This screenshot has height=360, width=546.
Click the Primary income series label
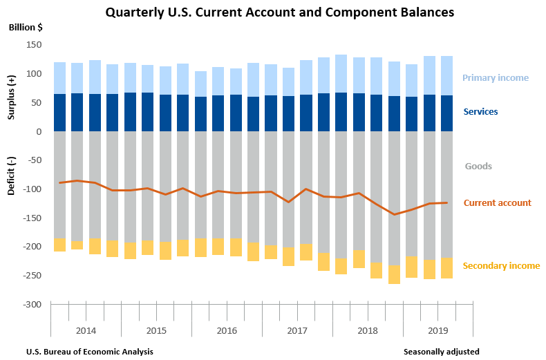tap(496, 78)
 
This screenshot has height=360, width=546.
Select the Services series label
tap(480, 111)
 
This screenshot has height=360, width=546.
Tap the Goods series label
tap(478, 167)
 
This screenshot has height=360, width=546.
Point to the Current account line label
tap(497, 203)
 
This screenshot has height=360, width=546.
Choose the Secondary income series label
tap(501, 266)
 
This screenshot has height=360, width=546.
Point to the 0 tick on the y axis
tap(39, 131)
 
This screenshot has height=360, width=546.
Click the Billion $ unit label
tap(25, 28)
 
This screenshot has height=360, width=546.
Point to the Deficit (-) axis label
tap(12, 177)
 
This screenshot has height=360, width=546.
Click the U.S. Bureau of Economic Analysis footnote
tap(90, 352)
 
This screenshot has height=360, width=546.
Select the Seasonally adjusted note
tap(442, 352)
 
